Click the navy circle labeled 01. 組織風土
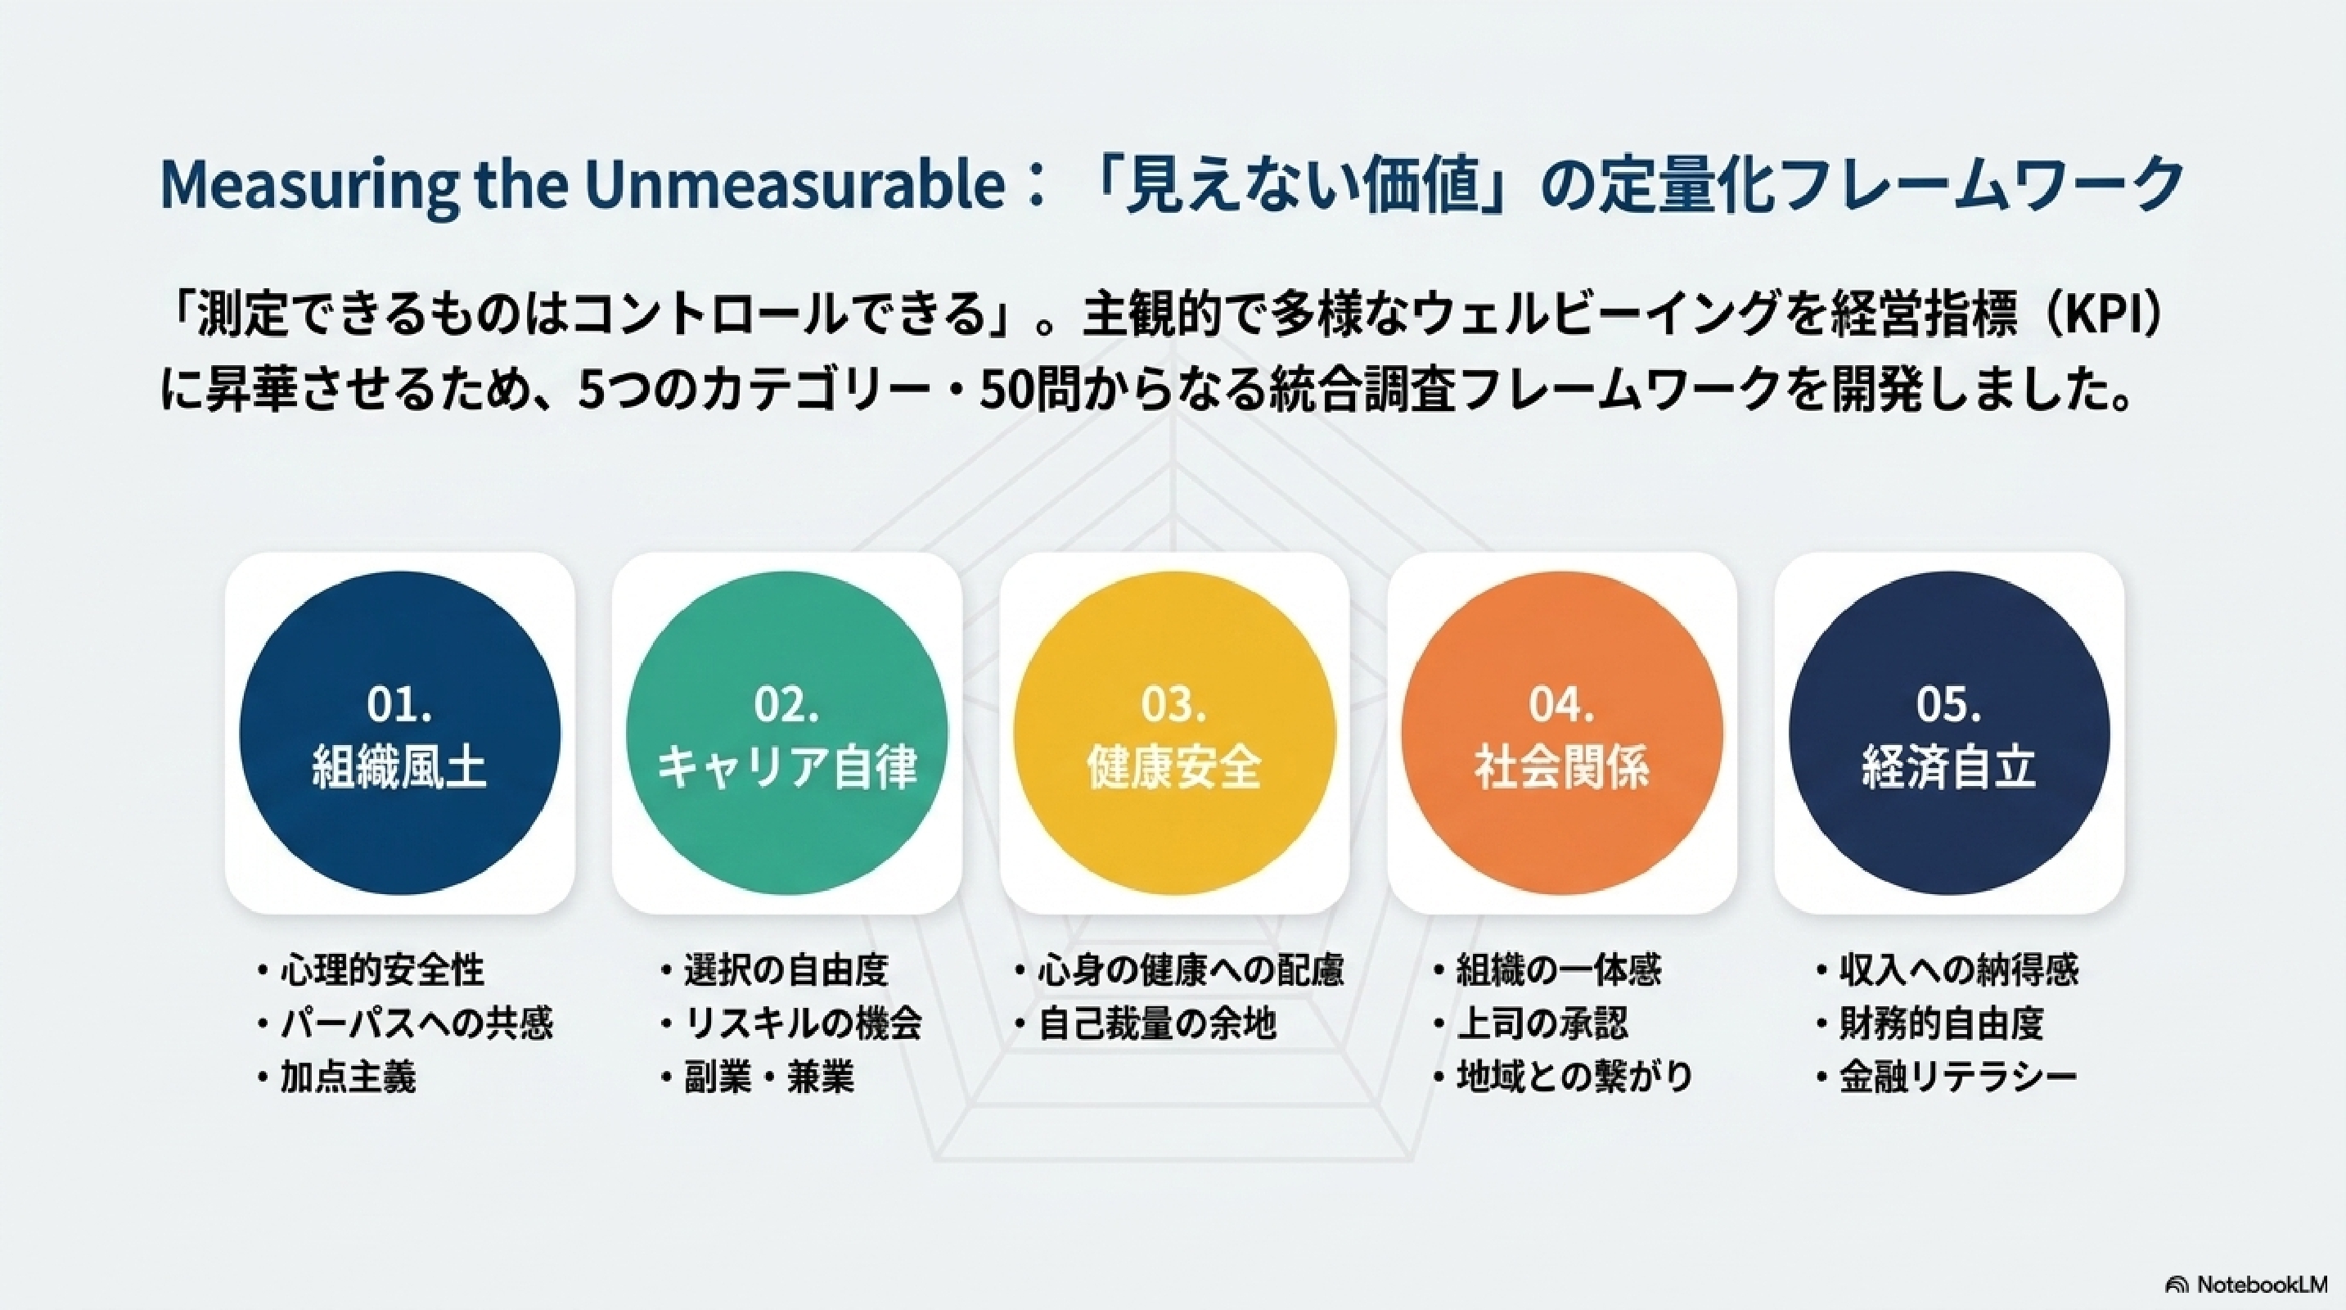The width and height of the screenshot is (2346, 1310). (400, 734)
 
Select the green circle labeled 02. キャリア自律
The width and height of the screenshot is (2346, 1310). (787, 734)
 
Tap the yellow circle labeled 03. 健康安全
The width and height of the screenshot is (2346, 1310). (1174, 734)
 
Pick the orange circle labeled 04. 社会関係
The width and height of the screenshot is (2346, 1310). (1562, 734)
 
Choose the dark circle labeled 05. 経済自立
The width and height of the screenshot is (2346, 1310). (1949, 734)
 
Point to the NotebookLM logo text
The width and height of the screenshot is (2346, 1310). (2260, 1284)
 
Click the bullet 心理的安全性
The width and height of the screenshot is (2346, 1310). (381, 970)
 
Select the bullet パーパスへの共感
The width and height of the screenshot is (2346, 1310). (417, 1024)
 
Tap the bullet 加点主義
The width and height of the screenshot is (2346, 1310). (348, 1077)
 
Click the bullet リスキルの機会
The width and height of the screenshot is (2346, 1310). (803, 1024)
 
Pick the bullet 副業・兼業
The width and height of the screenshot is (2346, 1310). (768, 1077)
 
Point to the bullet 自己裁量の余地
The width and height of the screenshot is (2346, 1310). (1156, 1024)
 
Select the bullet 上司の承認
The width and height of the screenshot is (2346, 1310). (1542, 1024)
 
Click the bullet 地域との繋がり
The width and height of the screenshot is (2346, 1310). (1575, 1077)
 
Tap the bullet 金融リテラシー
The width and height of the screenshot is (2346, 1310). (1958, 1077)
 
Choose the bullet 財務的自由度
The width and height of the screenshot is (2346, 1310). (1941, 1024)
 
